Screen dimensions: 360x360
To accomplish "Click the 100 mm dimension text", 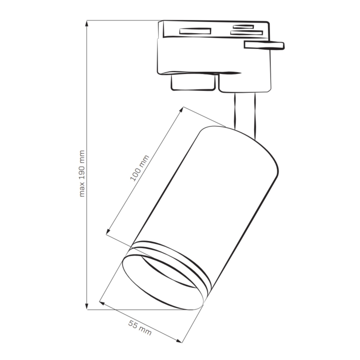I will click(x=139, y=168).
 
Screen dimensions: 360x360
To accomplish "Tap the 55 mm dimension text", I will click(x=139, y=328).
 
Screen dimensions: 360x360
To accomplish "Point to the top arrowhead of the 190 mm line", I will click(x=87, y=23).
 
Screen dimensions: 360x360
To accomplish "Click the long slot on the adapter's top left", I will click(x=195, y=31).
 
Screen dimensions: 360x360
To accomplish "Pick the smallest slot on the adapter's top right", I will click(x=243, y=27).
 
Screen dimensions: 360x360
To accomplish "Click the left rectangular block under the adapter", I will click(x=194, y=82).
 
